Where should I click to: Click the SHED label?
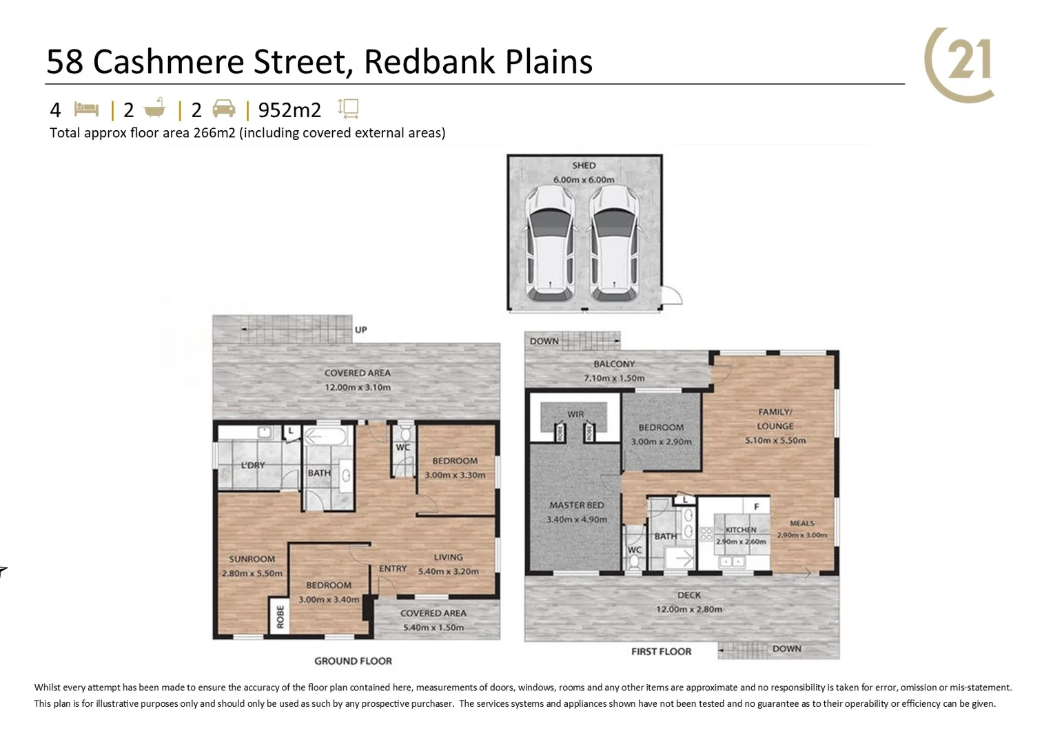[x=584, y=165]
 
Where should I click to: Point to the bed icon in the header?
[x=87, y=109]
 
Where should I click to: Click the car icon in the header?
[x=223, y=109]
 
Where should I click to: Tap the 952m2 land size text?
[x=289, y=110]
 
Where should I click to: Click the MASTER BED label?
[x=576, y=505]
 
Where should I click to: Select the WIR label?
[x=575, y=414]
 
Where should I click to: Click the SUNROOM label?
[x=252, y=559]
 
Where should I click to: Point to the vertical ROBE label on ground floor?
[x=280, y=617]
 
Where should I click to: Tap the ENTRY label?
[x=393, y=568]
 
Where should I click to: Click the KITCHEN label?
[x=741, y=530]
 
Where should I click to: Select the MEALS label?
[x=802, y=524]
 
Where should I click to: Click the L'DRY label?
[x=253, y=465]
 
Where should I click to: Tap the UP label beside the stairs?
[x=361, y=329]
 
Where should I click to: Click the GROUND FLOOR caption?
[x=353, y=661]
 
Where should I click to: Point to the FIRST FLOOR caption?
[x=661, y=651]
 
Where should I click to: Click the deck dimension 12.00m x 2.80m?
[x=689, y=609]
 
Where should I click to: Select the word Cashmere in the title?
[x=167, y=61]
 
